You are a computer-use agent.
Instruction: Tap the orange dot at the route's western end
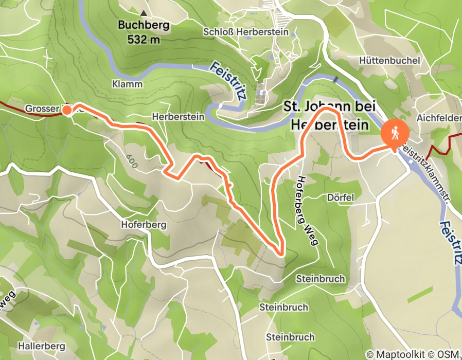click(x=67, y=110)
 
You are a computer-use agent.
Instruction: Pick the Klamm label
click(x=127, y=83)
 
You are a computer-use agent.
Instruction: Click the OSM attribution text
click(x=449, y=354)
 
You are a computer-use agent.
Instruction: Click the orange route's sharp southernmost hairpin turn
click(x=280, y=253)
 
